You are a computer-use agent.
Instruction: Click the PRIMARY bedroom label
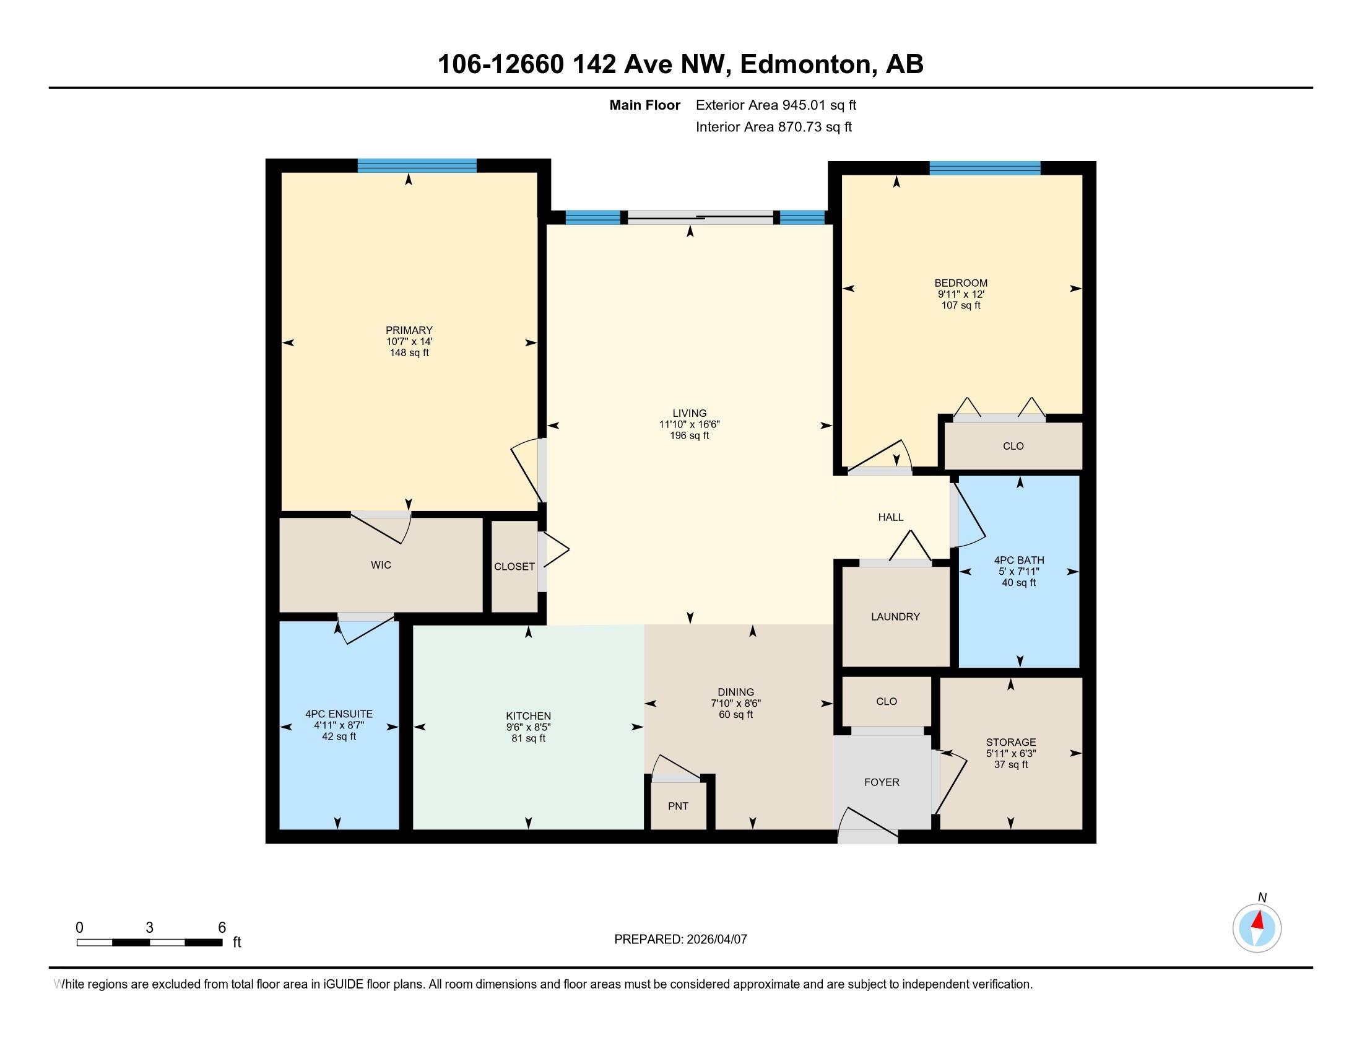tap(409, 330)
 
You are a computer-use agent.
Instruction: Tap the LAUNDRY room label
tap(896, 616)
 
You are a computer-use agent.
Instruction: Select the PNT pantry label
tap(678, 806)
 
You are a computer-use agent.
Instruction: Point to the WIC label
tap(381, 564)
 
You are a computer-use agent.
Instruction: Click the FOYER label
tap(882, 782)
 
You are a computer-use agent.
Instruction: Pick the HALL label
tap(890, 517)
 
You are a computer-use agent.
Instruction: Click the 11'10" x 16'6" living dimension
tap(690, 424)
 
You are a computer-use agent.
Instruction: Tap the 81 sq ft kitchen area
tap(528, 738)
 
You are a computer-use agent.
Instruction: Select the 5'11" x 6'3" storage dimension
tap(1011, 753)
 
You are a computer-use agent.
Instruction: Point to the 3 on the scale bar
tap(150, 927)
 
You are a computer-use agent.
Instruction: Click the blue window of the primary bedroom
tap(417, 165)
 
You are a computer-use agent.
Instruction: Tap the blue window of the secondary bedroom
tap(985, 168)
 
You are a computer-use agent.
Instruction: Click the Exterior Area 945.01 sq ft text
tap(776, 105)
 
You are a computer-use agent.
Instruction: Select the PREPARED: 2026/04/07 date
tap(680, 939)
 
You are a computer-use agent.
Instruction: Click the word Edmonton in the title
tap(805, 64)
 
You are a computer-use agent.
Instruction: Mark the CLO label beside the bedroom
tap(1013, 446)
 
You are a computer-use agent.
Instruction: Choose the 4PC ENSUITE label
tap(339, 714)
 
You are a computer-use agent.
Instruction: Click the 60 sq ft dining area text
tap(736, 714)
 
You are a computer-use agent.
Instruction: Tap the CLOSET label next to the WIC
tap(514, 566)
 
